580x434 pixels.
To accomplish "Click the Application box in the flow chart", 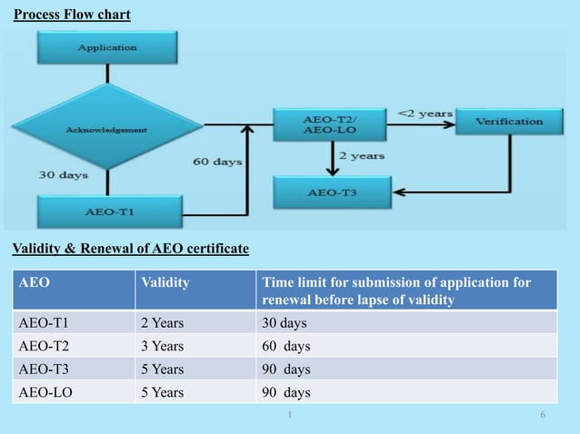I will (106, 46).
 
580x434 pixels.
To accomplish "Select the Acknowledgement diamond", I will (106, 130).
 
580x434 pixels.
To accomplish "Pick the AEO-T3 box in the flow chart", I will (333, 192).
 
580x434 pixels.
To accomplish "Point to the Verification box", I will (509, 121).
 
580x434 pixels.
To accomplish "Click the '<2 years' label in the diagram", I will (425, 113).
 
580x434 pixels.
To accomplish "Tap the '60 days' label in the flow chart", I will (217, 162).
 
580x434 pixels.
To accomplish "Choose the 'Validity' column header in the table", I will (165, 282).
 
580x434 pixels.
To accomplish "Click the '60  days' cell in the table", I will (285, 346).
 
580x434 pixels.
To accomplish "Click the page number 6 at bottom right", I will (543, 415).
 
